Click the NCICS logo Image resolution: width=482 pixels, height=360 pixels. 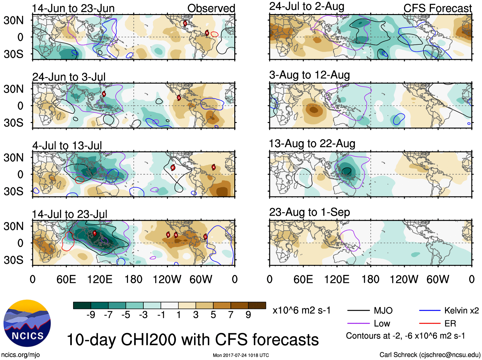pos(27,323)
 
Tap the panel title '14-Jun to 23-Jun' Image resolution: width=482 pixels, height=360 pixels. pos(73,8)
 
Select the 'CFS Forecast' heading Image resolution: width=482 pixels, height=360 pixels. pos(437,8)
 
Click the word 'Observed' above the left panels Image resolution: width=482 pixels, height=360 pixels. pos(211,8)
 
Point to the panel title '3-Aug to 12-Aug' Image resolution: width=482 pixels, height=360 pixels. pos(309,75)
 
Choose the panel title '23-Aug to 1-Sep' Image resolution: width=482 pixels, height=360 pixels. pos(309,212)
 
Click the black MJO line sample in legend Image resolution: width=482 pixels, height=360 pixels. pos(358,310)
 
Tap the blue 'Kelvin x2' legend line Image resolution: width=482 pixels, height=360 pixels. pos(429,310)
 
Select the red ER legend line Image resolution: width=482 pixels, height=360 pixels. pos(429,324)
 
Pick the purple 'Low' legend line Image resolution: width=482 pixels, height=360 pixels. pos(358,324)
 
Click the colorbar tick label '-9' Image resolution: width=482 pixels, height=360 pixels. pos(91,315)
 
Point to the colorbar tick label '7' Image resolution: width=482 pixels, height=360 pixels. pos(231,315)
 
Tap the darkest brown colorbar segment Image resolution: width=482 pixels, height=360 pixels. pos(257,305)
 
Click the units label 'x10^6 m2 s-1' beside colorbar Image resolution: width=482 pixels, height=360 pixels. pos(301,310)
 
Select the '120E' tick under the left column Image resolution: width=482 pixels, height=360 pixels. pos(100,280)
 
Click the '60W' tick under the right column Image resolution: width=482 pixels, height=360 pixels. pos(438,280)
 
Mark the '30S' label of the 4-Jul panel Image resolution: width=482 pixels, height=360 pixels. pos(13,191)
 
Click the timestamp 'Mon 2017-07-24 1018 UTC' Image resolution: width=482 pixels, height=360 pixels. pos(241,355)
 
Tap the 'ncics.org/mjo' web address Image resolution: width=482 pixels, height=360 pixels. pos(20,355)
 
